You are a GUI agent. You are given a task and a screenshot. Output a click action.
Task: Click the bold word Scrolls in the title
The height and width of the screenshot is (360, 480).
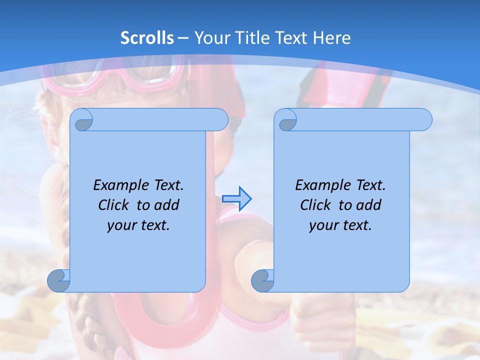(147, 38)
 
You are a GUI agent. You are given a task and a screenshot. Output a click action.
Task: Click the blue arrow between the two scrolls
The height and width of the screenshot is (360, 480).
(236, 199)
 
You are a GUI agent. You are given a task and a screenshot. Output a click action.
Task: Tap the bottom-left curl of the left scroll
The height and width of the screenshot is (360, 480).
(58, 280)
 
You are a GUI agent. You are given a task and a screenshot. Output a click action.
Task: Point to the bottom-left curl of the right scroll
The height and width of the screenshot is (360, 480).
(262, 280)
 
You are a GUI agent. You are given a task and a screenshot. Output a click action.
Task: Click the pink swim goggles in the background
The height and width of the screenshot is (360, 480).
(150, 75)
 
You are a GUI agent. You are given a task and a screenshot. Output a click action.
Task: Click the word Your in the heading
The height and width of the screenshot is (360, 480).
(211, 38)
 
